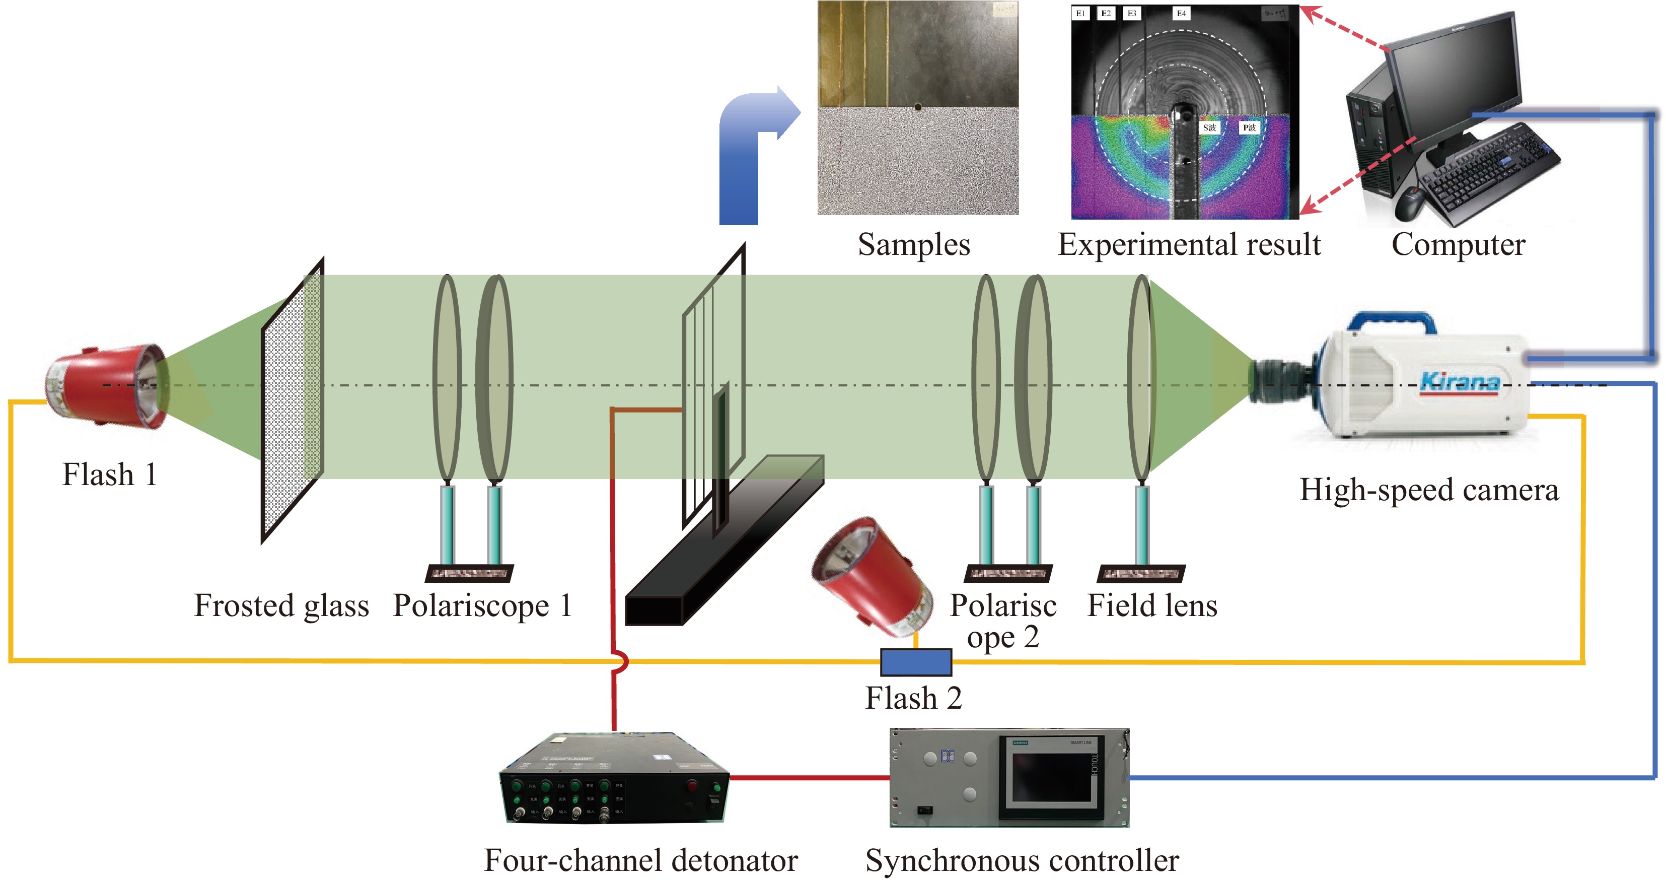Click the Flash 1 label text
click(x=109, y=475)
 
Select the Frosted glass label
click(x=281, y=606)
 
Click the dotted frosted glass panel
click(x=293, y=401)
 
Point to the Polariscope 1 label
click(x=482, y=606)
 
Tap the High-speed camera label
click(x=1429, y=490)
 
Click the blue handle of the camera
click(x=1391, y=320)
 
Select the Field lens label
click(x=1152, y=606)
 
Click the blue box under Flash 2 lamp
click(x=916, y=662)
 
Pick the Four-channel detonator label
click(x=640, y=861)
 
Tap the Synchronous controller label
click(x=1022, y=861)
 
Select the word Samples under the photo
click(x=914, y=245)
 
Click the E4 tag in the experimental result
click(x=1181, y=14)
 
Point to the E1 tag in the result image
click(x=1080, y=14)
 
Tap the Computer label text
click(x=1459, y=245)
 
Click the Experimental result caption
click(x=1189, y=245)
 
